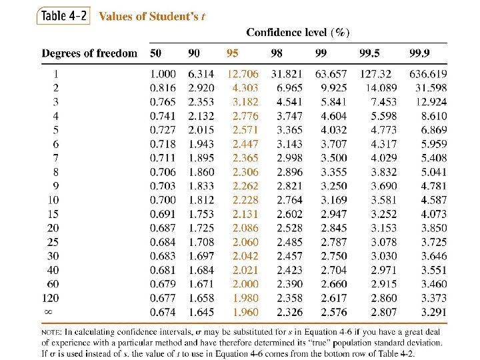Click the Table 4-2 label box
tap(63, 15)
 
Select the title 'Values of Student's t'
tap(152, 16)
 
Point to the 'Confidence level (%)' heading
tap(298, 33)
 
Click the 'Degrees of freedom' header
tap(89, 53)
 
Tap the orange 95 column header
tap(233, 53)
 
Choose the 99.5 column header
tap(369, 53)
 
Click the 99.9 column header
tap(419, 53)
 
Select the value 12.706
tap(243, 74)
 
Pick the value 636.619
tap(428, 74)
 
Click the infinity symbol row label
tap(49, 312)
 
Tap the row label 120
tap(50, 298)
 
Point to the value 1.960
tap(245, 312)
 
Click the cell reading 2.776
tap(245, 116)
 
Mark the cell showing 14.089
tap(381, 88)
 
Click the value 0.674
tap(163, 312)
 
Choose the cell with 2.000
tap(245, 284)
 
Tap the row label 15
tap(53, 214)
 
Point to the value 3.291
tap(434, 312)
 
